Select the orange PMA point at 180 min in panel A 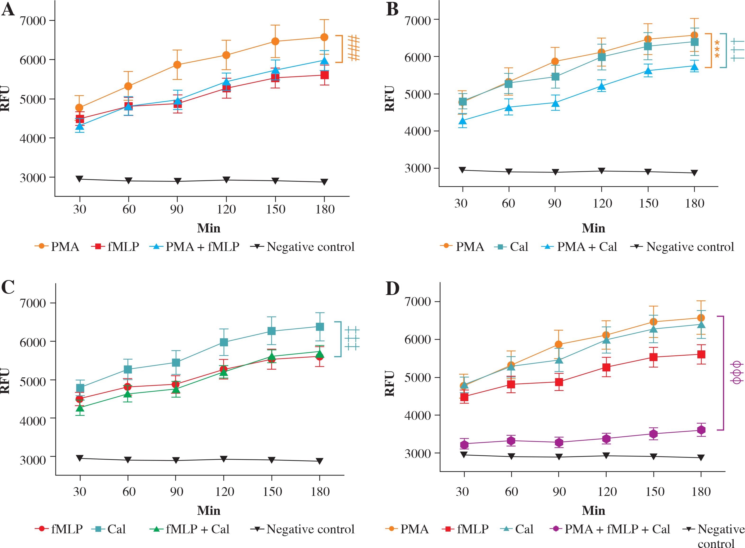(x=324, y=37)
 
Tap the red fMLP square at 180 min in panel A (x=324, y=75)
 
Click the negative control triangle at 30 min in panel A (x=80, y=179)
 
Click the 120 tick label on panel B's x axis (x=602, y=203)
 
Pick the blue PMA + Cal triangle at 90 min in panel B (x=555, y=103)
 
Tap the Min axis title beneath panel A (x=209, y=228)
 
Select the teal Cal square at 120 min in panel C (x=224, y=342)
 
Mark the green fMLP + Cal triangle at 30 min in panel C (x=80, y=408)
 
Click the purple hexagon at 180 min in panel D (x=701, y=430)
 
